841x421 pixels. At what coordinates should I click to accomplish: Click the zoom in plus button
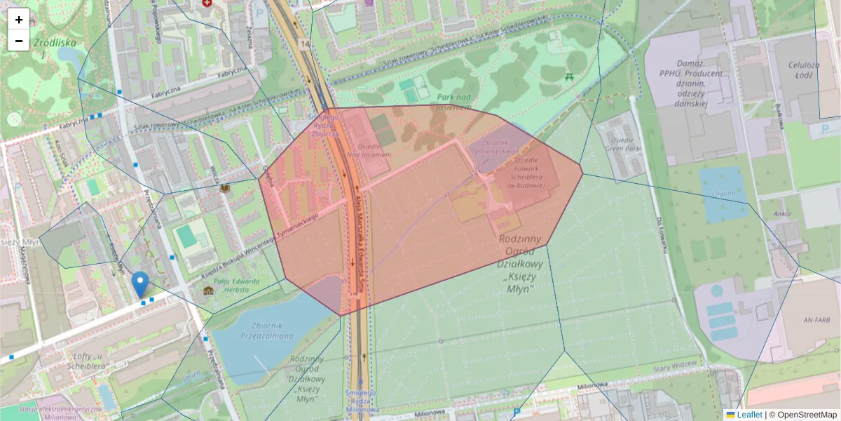19,19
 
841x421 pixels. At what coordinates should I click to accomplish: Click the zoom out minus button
19,41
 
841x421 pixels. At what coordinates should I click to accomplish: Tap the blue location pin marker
140,284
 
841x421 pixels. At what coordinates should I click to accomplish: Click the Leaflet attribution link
749,415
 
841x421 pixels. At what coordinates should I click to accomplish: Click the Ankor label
783,213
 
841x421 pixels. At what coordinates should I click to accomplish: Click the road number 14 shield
303,44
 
